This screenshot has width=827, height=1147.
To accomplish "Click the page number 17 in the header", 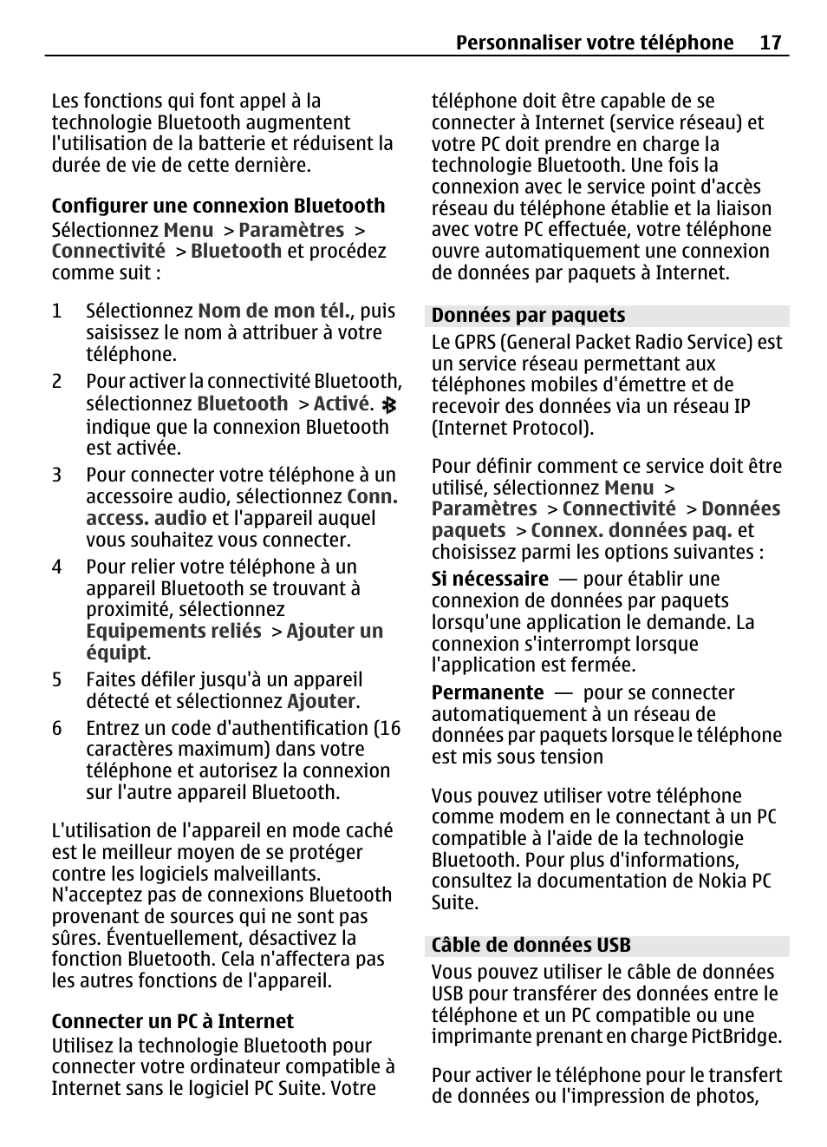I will coord(771,43).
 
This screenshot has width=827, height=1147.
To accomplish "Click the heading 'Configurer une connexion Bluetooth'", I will coord(218,206).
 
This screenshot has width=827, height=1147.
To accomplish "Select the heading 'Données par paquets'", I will coord(528,315).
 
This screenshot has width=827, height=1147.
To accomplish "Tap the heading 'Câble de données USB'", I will coord(531,945).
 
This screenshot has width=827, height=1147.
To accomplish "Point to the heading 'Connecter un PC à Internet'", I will coord(173,1021).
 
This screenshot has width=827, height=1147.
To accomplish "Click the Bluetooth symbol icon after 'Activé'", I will coord(389,405).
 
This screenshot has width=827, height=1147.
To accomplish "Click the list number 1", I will coord(56,311).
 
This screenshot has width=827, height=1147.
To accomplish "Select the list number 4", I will coord(56,567).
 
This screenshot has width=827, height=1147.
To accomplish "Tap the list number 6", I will coord(56,728).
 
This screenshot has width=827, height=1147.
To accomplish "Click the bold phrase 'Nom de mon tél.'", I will coord(274,311).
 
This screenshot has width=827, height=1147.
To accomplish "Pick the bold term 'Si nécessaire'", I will coord(490,579).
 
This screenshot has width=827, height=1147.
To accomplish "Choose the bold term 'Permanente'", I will coord(487,692).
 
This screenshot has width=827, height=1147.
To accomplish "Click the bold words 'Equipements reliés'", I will coord(173,631).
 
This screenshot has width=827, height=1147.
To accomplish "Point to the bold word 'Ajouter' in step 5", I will coord(321,701).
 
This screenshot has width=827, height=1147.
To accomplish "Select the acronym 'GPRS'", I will coord(474,342).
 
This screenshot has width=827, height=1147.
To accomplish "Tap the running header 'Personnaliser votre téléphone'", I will coord(594,43).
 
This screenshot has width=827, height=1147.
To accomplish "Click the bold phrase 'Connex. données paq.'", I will coord(631,530).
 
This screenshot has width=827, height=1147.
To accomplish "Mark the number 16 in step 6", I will coord(390,728).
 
